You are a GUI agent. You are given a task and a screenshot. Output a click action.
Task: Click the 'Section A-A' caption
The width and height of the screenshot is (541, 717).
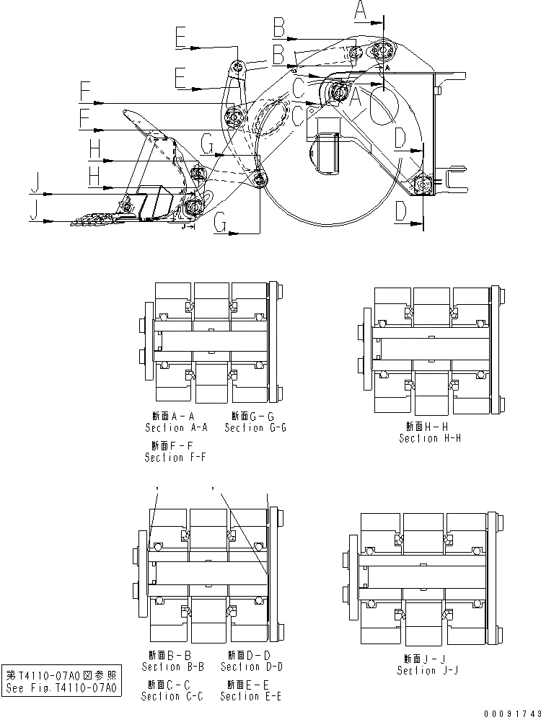pyautogui.click(x=177, y=427)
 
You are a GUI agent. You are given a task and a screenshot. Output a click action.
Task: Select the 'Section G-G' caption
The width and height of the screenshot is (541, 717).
pyautogui.click(x=255, y=427)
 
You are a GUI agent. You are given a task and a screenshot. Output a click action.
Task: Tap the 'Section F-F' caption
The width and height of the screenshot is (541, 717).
pyautogui.click(x=175, y=458)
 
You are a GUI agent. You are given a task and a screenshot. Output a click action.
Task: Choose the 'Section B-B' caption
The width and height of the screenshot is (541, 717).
pyautogui.click(x=173, y=667)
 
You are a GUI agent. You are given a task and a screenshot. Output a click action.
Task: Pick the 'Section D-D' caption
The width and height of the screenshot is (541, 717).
pyautogui.click(x=252, y=667)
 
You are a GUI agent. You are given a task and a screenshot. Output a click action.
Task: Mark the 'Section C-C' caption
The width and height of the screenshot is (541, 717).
pyautogui.click(x=172, y=696)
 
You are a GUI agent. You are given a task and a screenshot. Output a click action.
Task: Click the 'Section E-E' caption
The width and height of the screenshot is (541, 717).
pyautogui.click(x=250, y=696)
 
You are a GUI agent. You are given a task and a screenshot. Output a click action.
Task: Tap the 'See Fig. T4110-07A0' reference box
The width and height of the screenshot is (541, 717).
pyautogui.click(x=61, y=681)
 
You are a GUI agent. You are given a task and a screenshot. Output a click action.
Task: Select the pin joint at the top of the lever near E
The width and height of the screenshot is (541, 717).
pyautogui.click(x=239, y=68)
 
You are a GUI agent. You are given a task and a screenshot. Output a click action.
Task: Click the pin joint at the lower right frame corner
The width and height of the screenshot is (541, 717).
pyautogui.click(x=422, y=185)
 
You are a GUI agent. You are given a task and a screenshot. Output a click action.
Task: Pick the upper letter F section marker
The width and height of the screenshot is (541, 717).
pyautogui.click(x=85, y=92)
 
